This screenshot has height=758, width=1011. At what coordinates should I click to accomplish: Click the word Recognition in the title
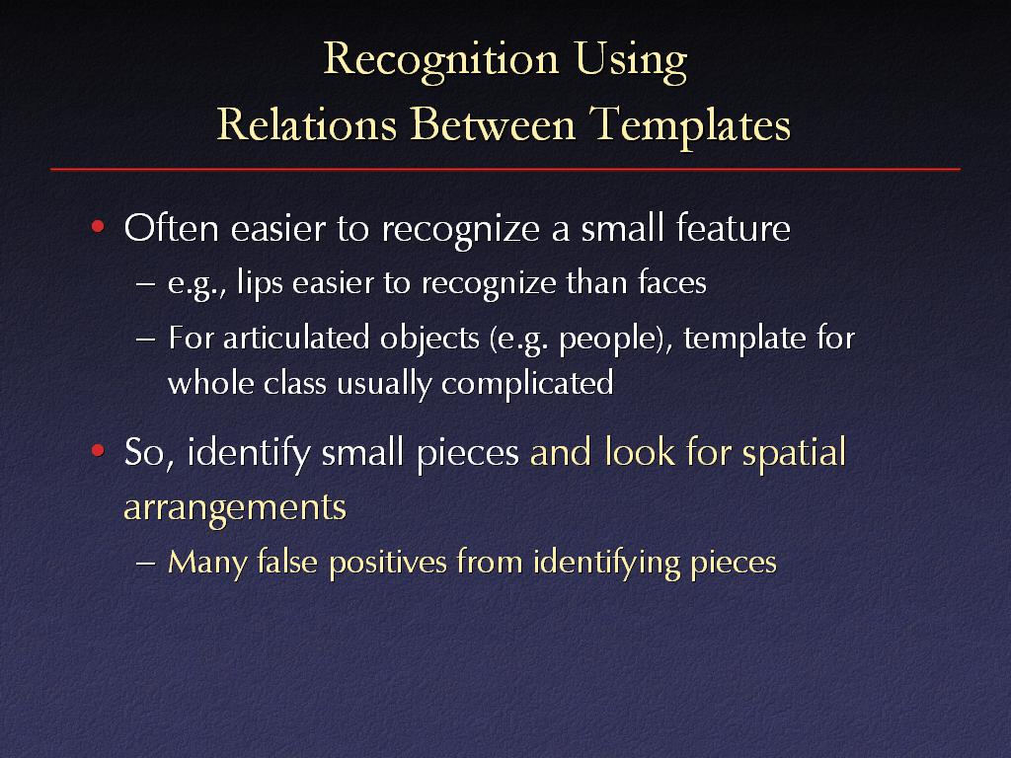441,60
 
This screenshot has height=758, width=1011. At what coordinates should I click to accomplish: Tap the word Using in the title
631,60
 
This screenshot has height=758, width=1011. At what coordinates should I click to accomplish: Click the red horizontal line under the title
505,170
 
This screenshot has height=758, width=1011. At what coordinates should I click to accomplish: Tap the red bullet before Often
98,227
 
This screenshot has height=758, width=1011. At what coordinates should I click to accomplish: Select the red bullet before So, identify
98,450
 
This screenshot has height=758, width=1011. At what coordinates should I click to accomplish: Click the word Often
172,228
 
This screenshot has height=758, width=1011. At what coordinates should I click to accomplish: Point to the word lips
260,283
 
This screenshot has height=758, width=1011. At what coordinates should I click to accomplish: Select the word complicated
527,384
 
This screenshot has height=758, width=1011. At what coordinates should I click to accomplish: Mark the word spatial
794,452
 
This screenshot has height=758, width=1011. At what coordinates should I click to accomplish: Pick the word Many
207,563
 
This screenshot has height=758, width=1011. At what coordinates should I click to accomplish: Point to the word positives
387,563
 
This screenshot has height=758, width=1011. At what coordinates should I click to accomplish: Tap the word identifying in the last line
607,563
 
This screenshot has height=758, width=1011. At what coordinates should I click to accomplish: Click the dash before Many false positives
146,563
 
